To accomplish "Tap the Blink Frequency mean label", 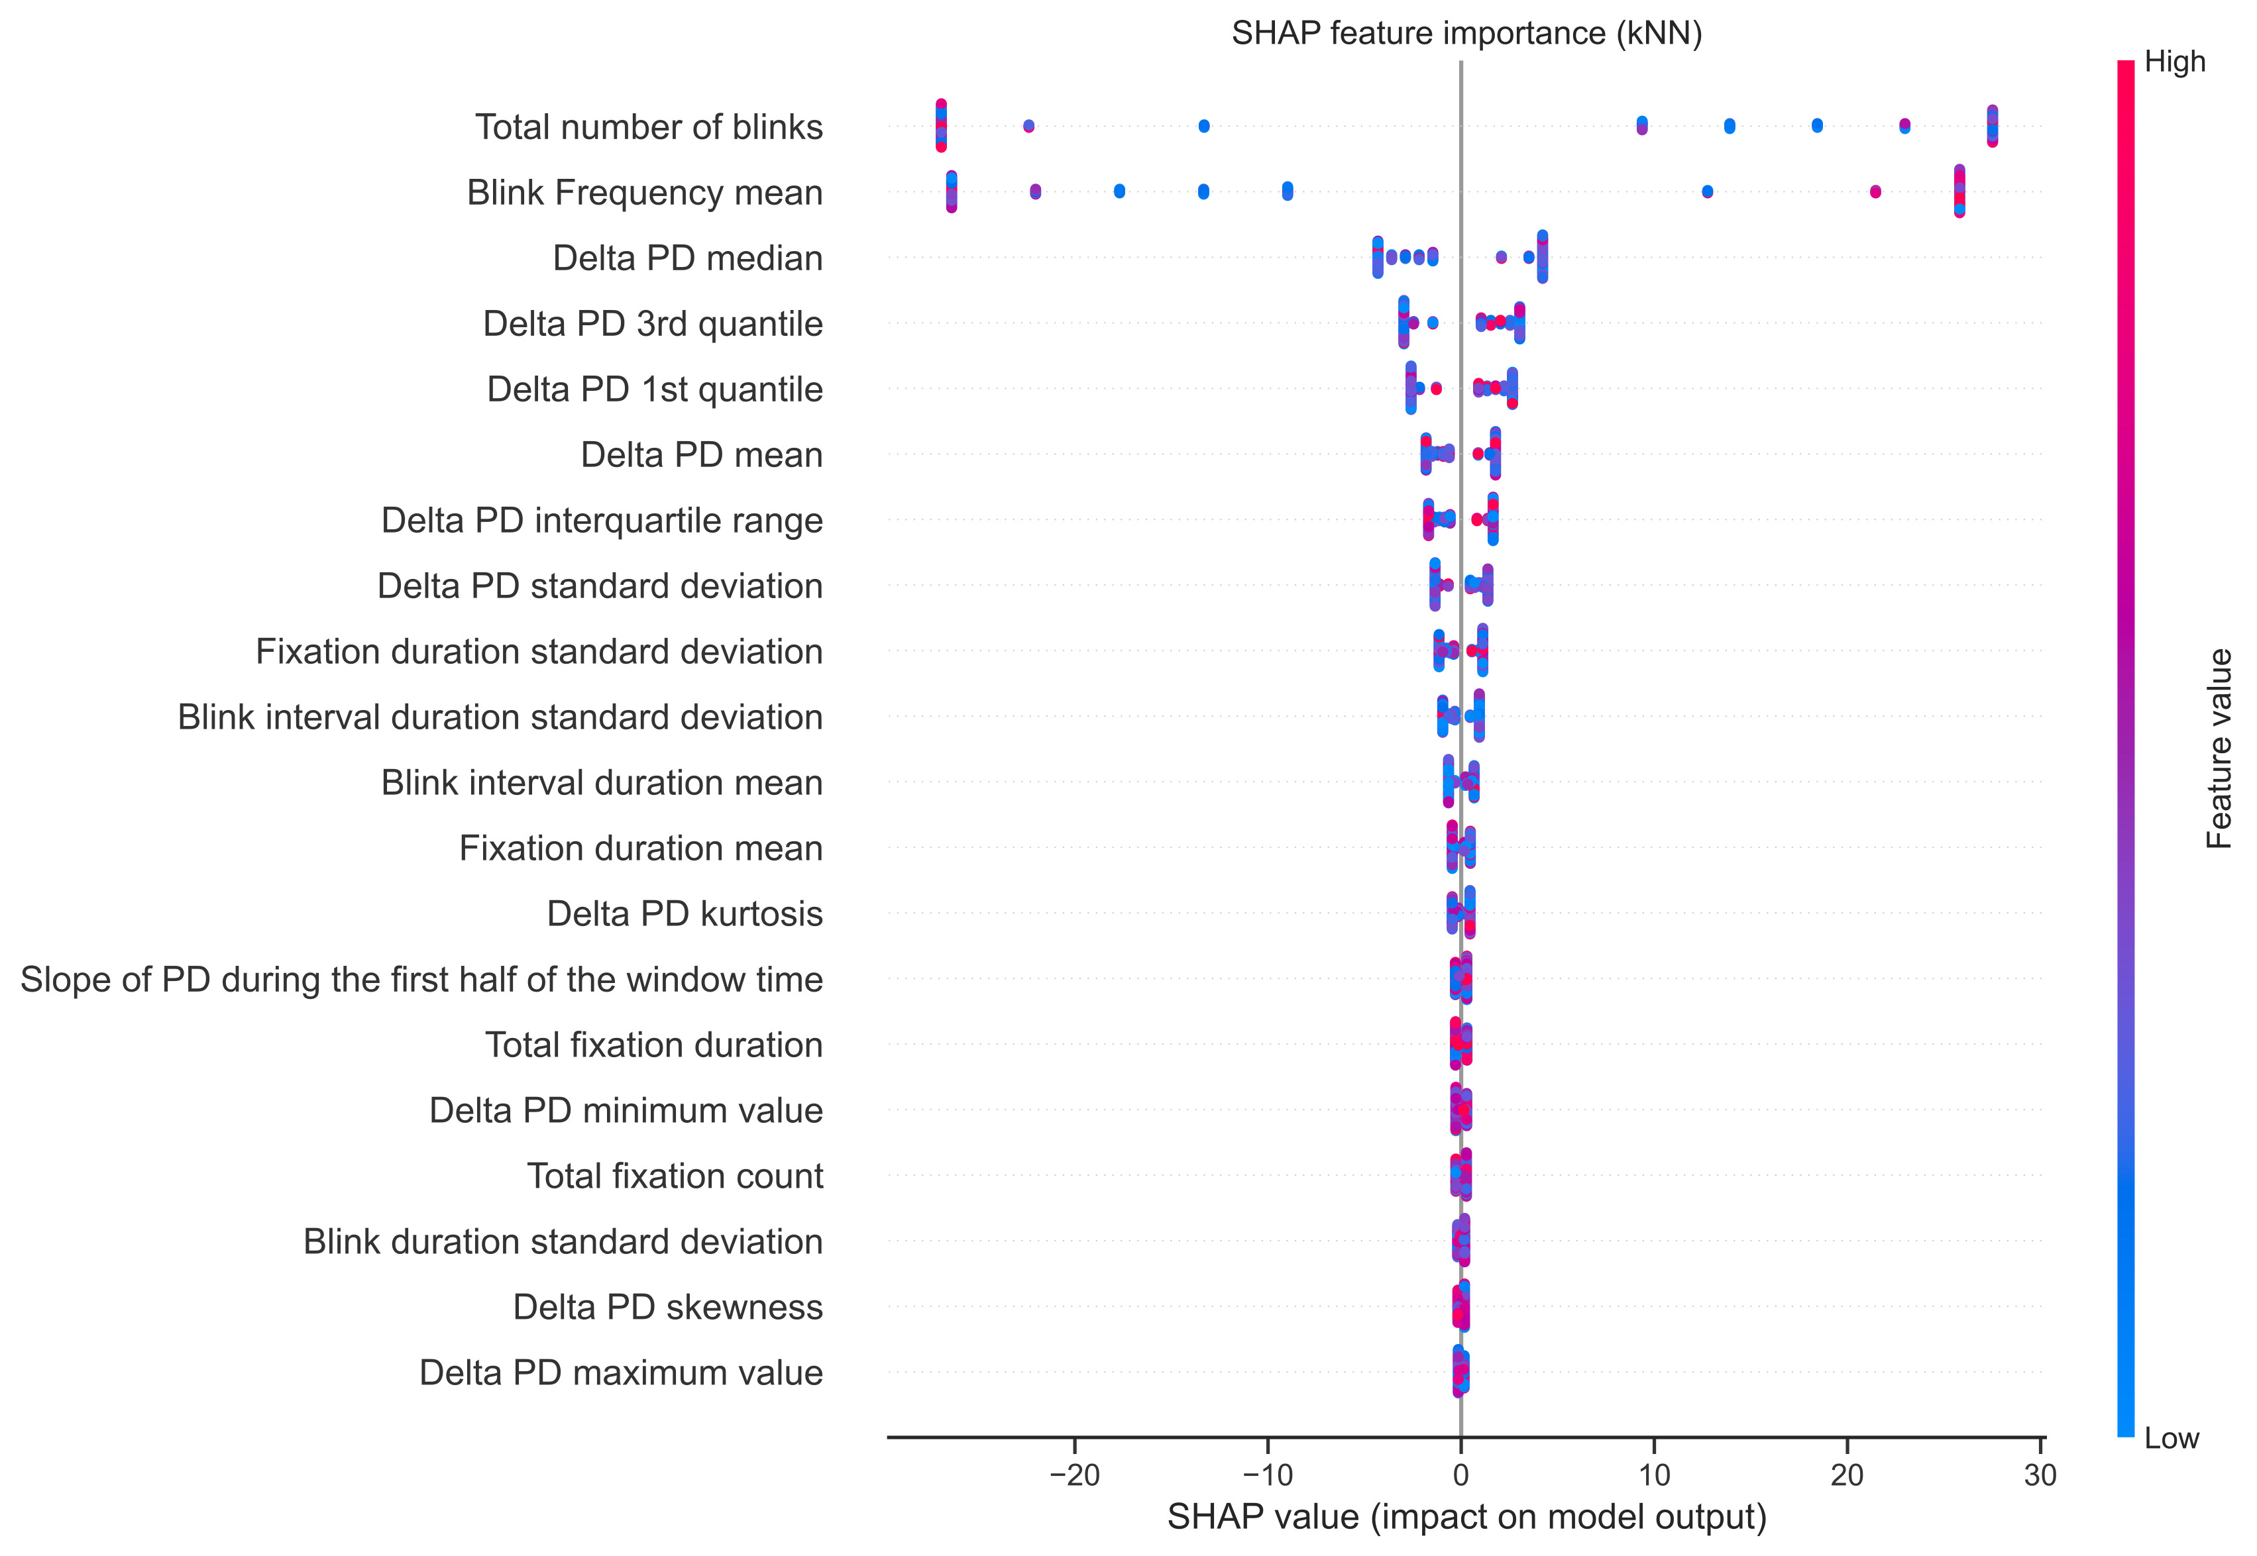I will (645, 192).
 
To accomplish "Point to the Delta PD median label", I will (688, 258).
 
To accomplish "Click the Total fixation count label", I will (675, 1176).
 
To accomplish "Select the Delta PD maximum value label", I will (622, 1373).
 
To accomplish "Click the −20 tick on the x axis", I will (1074, 1475).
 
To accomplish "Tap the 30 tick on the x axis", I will (2040, 1475).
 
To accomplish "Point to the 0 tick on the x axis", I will (1460, 1475).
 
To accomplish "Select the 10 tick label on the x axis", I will (1654, 1475).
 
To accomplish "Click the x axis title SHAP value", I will (1466, 1517).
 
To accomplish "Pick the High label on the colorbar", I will (2175, 62).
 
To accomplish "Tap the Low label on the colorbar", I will (2171, 1438).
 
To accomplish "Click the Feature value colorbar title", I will (2219, 749).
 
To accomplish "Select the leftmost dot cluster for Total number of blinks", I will (940, 126).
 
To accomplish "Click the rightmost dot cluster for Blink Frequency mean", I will (1959, 191).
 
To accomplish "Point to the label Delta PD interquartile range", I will (602, 521).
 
